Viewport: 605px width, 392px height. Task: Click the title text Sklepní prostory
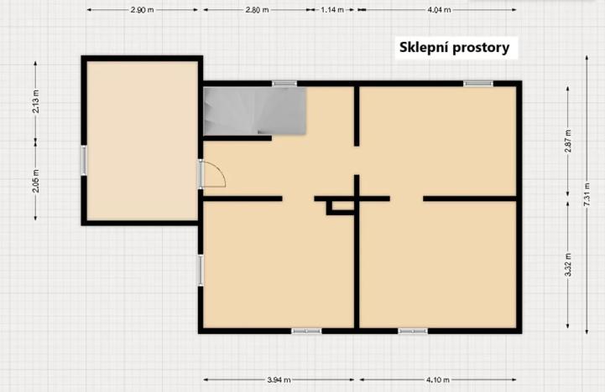(x=453, y=48)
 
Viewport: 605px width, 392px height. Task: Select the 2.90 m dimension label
(x=142, y=10)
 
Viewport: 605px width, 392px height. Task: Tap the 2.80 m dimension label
(x=258, y=10)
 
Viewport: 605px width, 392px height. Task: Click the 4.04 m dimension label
(x=439, y=10)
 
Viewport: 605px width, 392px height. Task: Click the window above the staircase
(x=284, y=83)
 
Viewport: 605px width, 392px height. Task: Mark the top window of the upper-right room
(x=478, y=83)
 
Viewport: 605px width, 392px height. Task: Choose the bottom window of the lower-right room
(x=412, y=331)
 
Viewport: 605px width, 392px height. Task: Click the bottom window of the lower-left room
(x=306, y=331)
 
